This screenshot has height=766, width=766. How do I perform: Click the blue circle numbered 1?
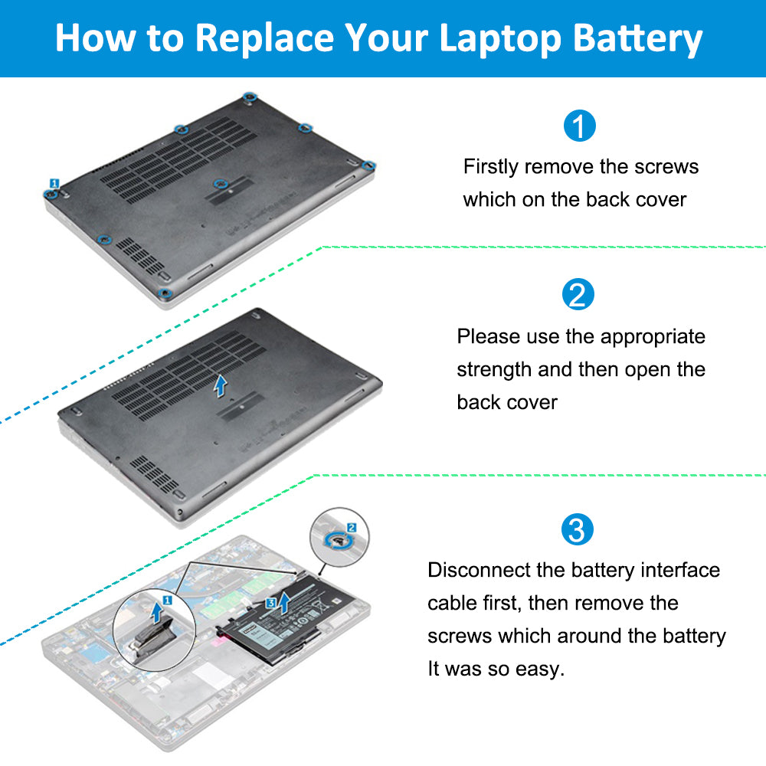pyautogui.click(x=579, y=126)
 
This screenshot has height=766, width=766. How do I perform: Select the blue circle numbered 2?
pyautogui.click(x=578, y=295)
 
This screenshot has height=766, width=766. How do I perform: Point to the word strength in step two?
pyautogui.click(x=494, y=369)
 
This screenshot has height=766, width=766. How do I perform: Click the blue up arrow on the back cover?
pyautogui.click(x=221, y=385)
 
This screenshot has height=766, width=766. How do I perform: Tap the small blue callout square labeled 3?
pyautogui.click(x=270, y=603)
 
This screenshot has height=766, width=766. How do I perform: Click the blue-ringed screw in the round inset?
pyautogui.click(x=337, y=540)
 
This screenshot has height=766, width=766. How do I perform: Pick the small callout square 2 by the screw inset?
pyautogui.click(x=351, y=527)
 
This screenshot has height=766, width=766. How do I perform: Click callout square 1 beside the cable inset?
pyautogui.click(x=167, y=602)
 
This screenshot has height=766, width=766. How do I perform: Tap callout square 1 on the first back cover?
pyautogui.click(x=54, y=183)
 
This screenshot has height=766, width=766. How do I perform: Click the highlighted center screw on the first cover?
pyautogui.click(x=220, y=183)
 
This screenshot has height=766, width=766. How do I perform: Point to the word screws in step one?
pyautogui.click(x=671, y=166)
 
